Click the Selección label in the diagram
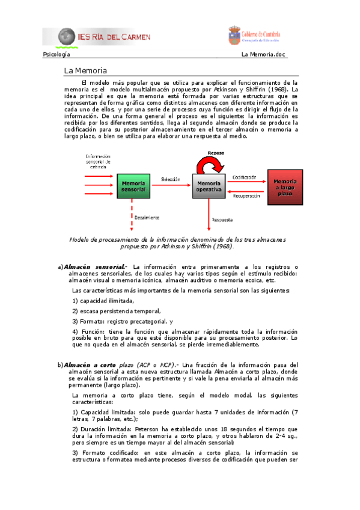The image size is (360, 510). [x=171, y=179]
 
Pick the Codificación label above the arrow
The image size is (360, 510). [x=244, y=177]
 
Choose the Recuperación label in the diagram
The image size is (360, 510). [x=246, y=195]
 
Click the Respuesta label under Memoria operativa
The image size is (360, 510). [x=222, y=220]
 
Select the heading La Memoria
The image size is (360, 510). [x=85, y=71]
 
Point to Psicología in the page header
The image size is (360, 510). [x=56, y=54]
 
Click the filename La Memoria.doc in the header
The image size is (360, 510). [x=263, y=54]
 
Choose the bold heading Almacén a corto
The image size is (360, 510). [x=90, y=364]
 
